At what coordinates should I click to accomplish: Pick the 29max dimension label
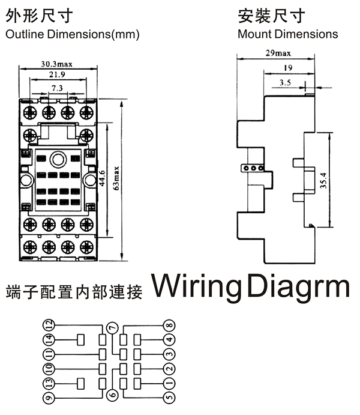[x=276, y=53]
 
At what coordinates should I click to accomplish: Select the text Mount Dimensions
[x=287, y=34]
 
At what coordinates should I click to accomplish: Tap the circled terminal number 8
[x=170, y=325]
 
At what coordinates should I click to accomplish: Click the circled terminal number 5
[x=170, y=398]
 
